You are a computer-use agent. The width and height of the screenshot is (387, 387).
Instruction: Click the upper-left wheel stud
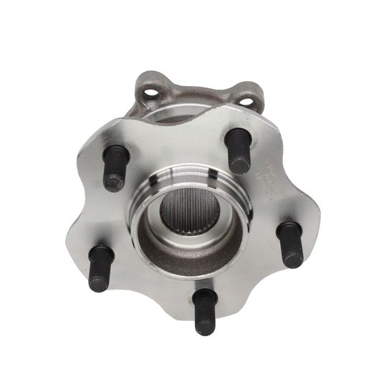point(114,169)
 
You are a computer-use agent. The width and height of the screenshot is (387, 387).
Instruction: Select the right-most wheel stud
point(290,244)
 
